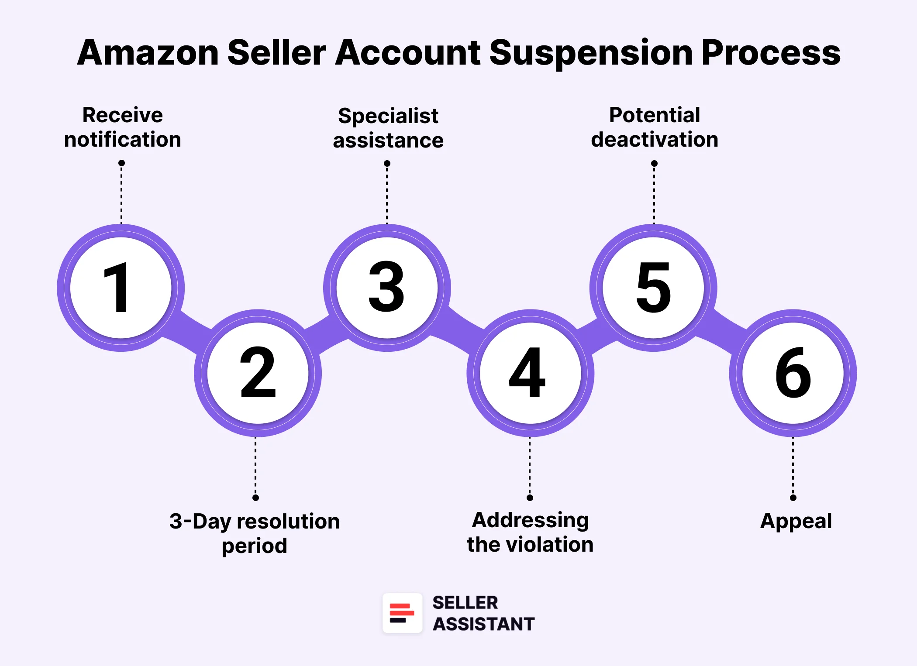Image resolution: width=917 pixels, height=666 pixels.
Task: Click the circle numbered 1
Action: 121,288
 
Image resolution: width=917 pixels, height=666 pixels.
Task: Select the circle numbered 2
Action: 258,373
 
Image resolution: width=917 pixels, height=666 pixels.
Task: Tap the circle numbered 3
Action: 387,288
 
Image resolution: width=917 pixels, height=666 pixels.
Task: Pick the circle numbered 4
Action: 530,373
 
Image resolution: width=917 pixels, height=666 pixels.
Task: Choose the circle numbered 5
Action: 653,288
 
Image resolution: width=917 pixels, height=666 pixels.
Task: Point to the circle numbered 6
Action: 793,373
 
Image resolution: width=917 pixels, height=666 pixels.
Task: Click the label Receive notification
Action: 123,127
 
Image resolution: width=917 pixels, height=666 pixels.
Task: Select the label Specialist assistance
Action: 388,128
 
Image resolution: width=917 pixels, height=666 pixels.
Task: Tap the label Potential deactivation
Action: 655,127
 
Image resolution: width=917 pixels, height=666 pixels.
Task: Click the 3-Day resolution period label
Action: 255,533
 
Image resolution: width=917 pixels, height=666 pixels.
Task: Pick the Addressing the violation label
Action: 530,532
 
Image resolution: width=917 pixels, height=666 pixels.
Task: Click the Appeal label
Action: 796,521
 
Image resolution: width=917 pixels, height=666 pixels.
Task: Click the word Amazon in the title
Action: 148,53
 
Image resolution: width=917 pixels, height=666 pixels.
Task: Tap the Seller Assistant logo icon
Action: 402,613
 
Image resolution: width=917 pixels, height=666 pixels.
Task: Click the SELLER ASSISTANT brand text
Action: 483,613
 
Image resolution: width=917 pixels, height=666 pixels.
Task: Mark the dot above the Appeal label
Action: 793,498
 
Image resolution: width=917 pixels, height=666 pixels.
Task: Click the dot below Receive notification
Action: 121,163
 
